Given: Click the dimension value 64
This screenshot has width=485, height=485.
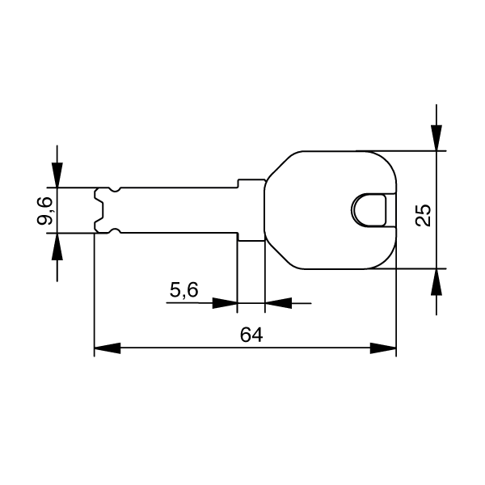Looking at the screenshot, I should click(251, 334).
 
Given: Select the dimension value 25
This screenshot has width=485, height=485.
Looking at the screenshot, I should click(422, 214).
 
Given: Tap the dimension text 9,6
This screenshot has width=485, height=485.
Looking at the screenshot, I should click(46, 211).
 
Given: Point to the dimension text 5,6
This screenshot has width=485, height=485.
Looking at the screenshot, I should click(184, 289).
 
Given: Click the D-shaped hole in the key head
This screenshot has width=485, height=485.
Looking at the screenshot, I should click(370, 209).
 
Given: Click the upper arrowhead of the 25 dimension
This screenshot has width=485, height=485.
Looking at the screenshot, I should click(436, 138).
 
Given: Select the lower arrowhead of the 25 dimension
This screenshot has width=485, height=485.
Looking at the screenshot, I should click(436, 280).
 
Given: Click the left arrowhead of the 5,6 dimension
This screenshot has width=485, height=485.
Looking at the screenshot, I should click(225, 303).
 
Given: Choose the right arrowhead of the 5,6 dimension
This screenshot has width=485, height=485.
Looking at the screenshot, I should click(276, 303).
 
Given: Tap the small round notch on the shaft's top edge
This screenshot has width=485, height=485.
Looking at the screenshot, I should click(115, 190).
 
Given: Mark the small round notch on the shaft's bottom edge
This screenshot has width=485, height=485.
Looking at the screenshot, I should click(115, 231).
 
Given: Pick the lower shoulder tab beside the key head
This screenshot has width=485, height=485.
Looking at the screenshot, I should click(251, 237).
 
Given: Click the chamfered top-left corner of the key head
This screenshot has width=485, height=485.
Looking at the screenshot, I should click(278, 166).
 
